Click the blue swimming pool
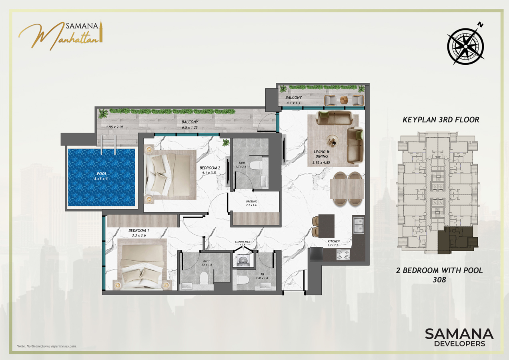(x=102, y=177)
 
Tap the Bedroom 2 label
(x=210, y=168)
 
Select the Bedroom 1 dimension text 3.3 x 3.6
(x=138, y=235)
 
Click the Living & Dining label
(x=322, y=154)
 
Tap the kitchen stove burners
(x=343, y=255)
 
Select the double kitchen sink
(x=359, y=224)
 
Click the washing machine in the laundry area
(x=243, y=260)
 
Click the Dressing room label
(x=252, y=202)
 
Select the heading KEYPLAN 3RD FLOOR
(x=441, y=120)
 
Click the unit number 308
(x=439, y=280)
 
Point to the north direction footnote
(x=46, y=346)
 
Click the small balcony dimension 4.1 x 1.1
(x=294, y=103)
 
